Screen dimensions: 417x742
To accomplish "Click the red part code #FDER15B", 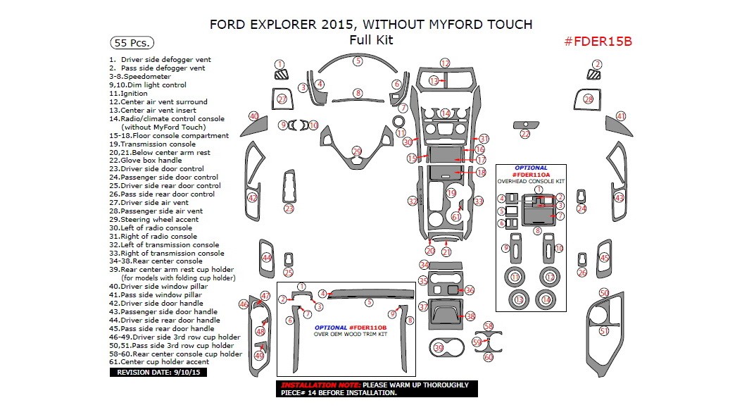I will click(598, 41).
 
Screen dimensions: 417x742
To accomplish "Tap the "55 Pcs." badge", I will click(132, 42).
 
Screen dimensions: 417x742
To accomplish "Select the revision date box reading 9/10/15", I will click(158, 372).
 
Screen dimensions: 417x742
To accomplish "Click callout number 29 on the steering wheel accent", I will click(357, 151).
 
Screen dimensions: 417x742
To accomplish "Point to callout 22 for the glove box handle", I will click(524, 134).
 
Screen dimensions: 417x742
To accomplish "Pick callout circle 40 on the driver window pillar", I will click(253, 116).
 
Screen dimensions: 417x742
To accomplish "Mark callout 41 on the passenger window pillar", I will click(620, 116).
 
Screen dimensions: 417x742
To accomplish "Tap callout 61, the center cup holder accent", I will click(456, 217).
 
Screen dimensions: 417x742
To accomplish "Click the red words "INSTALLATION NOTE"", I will click(320, 385).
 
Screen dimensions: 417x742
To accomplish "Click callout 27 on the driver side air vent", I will click(282, 99).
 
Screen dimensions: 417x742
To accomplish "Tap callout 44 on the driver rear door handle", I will click(266, 258).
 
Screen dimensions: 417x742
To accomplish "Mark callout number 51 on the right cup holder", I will click(603, 331).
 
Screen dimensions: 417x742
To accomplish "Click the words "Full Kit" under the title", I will click(371, 40).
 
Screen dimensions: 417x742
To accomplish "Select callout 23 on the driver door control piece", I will click(289, 208).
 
